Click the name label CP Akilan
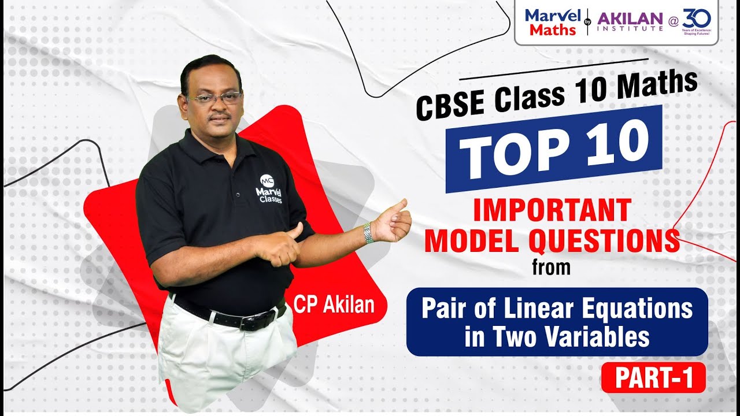click(334, 304)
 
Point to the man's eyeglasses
click(214, 99)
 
